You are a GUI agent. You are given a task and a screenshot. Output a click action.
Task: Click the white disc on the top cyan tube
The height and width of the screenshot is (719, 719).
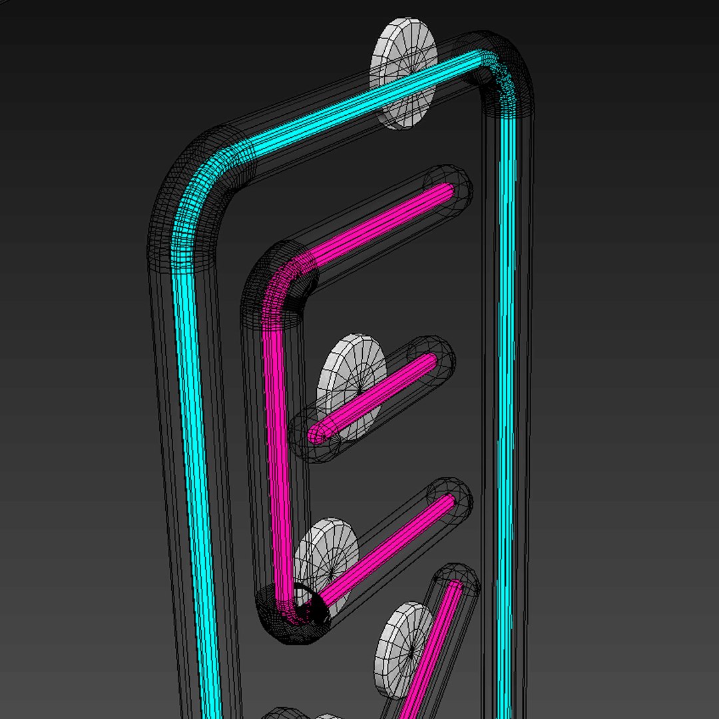(403, 73)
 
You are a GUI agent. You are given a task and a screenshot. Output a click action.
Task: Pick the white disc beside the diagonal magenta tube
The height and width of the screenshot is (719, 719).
(403, 649)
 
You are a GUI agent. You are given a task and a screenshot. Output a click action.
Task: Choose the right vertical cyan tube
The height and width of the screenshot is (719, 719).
(507, 399)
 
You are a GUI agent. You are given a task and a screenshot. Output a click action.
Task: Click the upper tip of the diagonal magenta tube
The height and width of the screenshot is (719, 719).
(456, 587)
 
